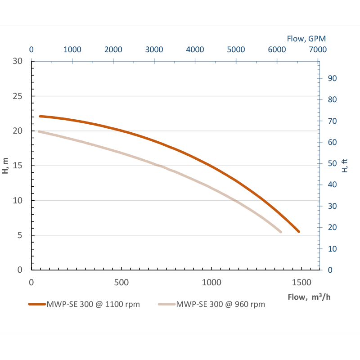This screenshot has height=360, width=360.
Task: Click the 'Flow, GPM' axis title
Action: tap(306, 39)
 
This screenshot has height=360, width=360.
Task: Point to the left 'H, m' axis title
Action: tap(6, 165)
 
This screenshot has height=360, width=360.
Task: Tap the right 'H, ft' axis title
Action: tap(345, 166)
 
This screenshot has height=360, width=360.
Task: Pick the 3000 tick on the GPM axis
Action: tap(154, 49)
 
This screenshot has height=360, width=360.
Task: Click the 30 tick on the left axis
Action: tap(17, 62)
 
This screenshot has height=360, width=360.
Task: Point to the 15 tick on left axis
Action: tap(17, 166)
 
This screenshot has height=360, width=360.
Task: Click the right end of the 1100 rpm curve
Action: tap(298, 232)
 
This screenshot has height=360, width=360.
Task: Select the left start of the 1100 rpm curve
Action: tap(40, 116)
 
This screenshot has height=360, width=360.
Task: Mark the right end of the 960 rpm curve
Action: tap(280, 232)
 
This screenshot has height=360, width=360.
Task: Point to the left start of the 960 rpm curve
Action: tap(39, 131)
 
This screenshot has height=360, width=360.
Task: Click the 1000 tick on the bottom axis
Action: tap(211, 283)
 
